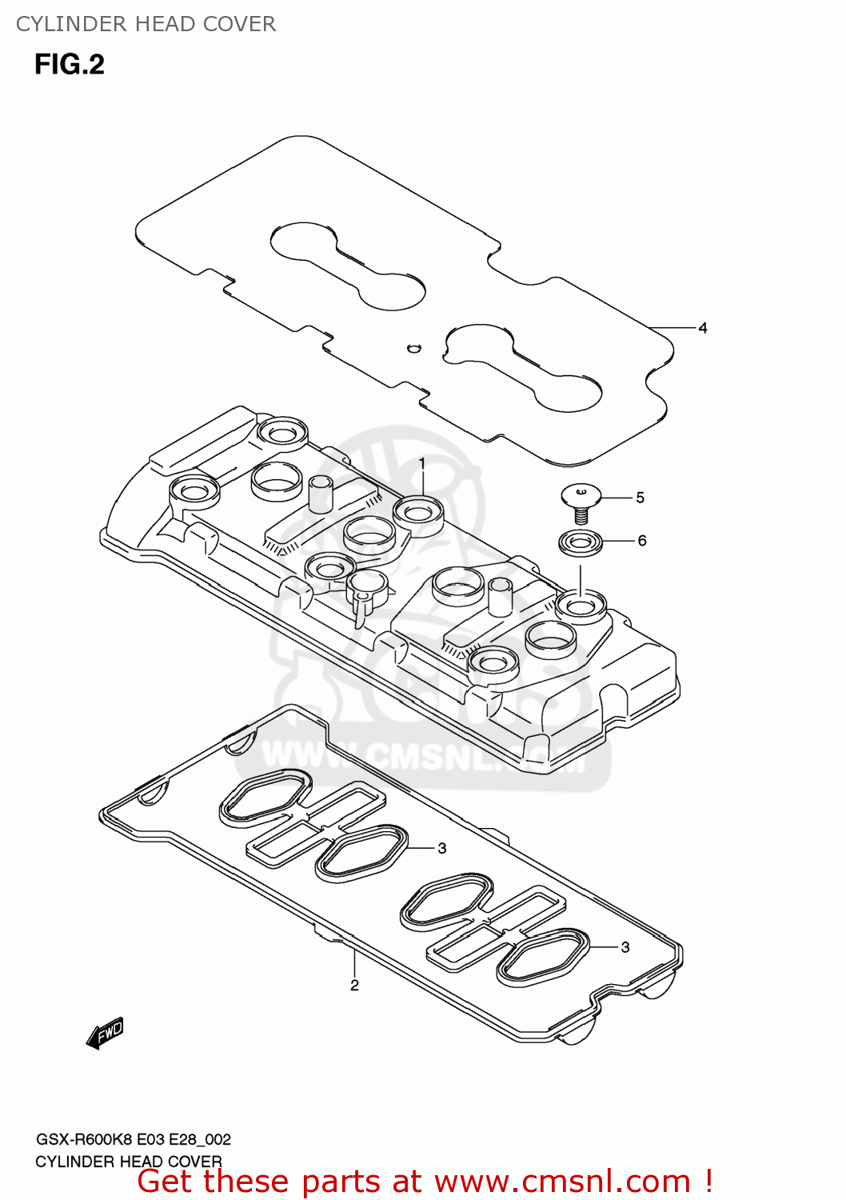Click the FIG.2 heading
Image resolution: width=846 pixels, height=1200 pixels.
(x=70, y=65)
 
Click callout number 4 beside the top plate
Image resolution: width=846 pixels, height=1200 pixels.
(x=703, y=328)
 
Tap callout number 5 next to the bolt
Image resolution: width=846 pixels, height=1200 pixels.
(x=640, y=498)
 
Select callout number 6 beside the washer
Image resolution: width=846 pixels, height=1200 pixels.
(x=641, y=541)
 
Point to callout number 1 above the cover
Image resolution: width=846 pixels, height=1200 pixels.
(x=422, y=463)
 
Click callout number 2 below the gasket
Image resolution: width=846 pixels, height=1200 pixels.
(x=354, y=985)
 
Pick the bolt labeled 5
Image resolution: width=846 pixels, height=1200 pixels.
(x=581, y=502)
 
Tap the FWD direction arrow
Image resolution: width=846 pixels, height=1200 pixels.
(x=106, y=1033)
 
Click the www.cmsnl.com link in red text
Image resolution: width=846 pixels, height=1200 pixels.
(x=562, y=1182)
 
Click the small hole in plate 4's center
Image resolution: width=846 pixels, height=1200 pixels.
(x=413, y=347)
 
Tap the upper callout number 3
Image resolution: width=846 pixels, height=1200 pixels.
(x=441, y=848)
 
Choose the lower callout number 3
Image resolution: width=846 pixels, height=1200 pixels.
(x=625, y=947)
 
